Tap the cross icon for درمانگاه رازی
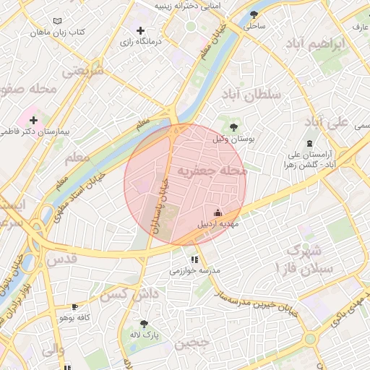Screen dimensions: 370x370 pyautogui.click(x=140, y=31)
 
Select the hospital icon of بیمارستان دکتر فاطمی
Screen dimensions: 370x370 pyautogui.click(x=33, y=119)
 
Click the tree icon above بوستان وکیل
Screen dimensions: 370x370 pyautogui.click(x=233, y=126)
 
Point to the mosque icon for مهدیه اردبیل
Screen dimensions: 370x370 pyautogui.click(x=218, y=212)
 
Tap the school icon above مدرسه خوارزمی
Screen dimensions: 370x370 pyautogui.click(x=194, y=259)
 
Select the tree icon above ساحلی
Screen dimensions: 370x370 pyautogui.click(x=254, y=14)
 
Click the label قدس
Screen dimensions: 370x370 pyautogui.click(x=61, y=258)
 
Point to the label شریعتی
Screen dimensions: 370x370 pyautogui.click(x=84, y=71)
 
